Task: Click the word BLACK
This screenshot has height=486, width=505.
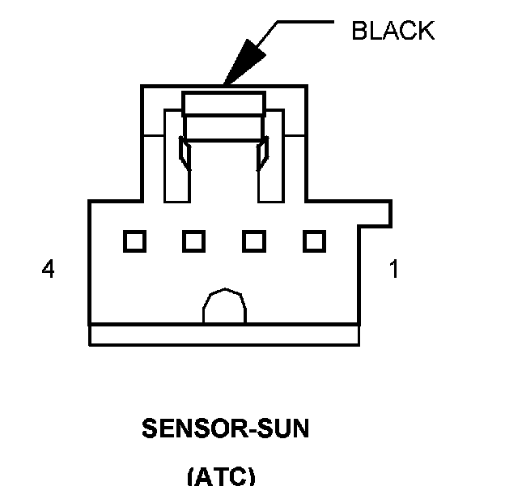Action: (x=393, y=32)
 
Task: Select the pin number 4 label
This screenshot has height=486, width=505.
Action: (x=49, y=270)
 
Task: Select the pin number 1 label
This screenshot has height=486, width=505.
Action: (x=394, y=270)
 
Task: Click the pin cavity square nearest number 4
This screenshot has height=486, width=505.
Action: (x=134, y=241)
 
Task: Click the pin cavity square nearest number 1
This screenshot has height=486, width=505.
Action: (x=314, y=241)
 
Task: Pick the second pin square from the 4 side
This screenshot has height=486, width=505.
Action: (x=193, y=241)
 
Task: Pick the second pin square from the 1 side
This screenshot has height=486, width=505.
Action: (x=254, y=241)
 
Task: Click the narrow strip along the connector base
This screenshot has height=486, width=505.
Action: (x=224, y=335)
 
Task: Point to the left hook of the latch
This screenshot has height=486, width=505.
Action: (x=185, y=154)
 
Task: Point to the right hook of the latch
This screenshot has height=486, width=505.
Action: (x=262, y=154)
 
